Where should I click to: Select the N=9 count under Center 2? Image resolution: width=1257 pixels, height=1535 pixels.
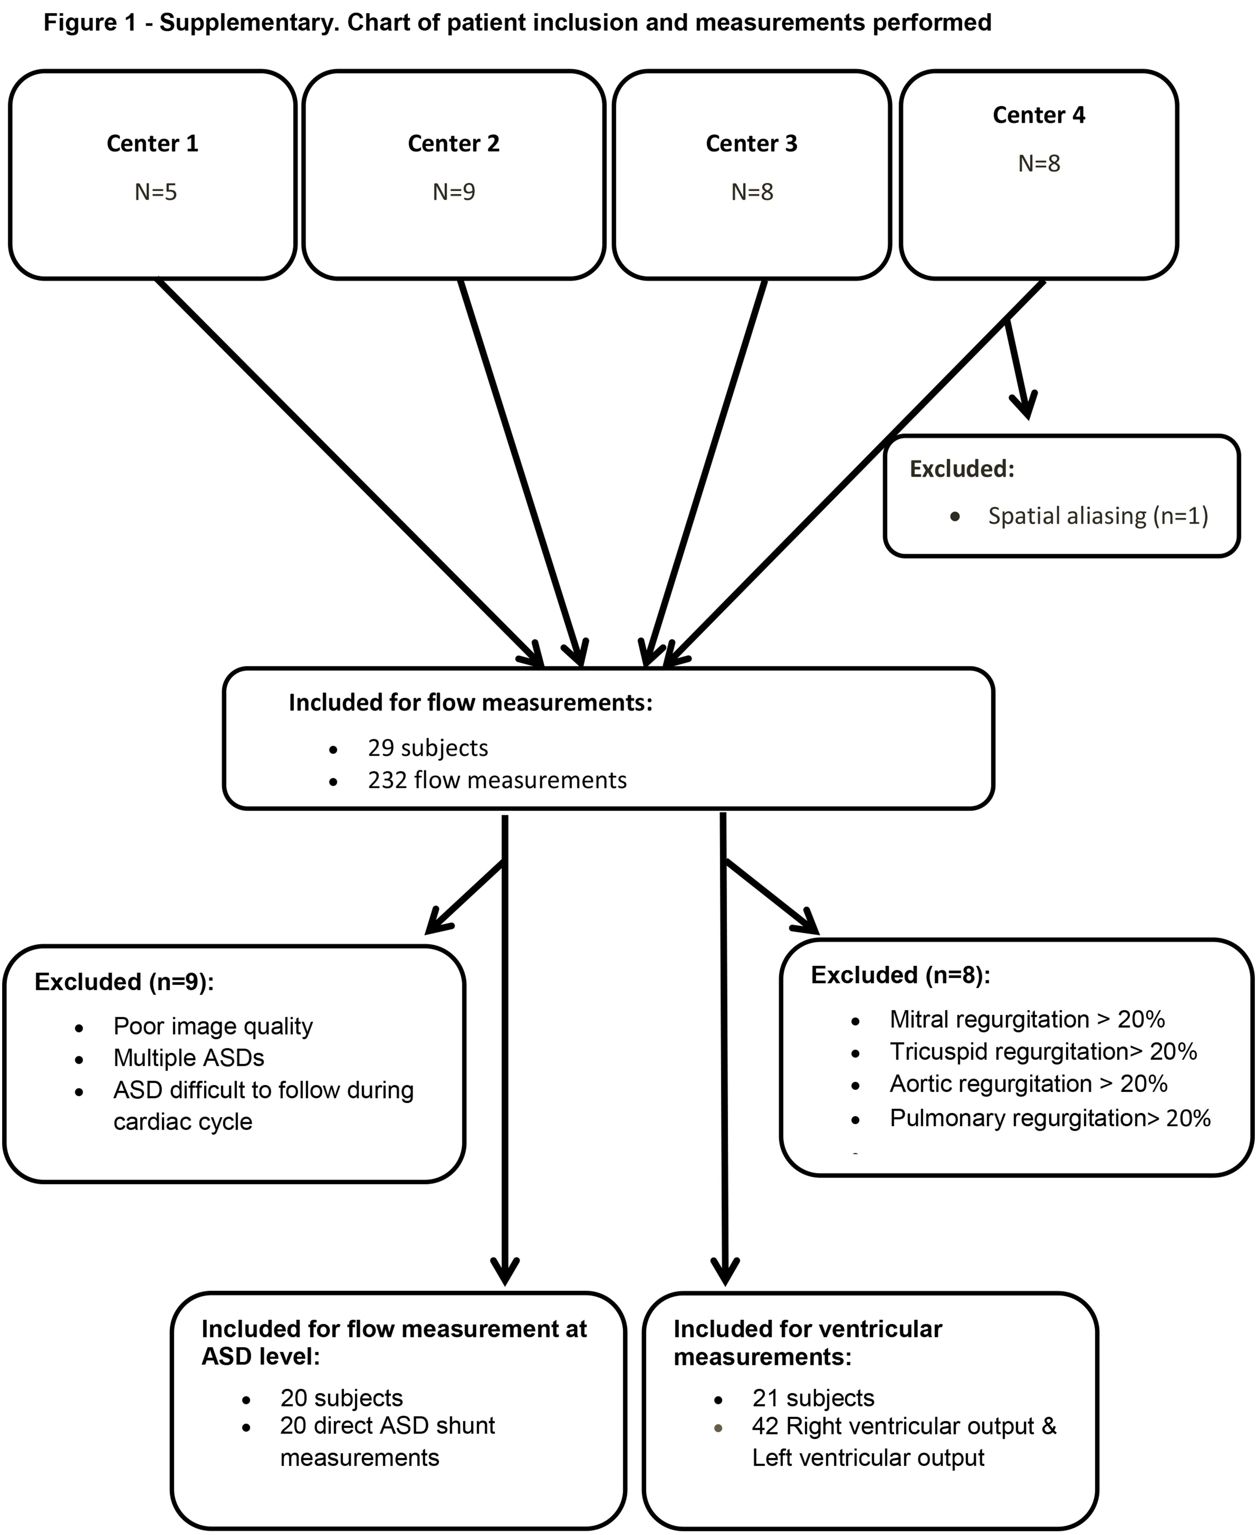(x=454, y=192)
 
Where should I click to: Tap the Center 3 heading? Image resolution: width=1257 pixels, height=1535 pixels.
(x=752, y=143)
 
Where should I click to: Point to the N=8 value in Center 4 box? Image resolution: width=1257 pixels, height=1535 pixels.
(x=1039, y=164)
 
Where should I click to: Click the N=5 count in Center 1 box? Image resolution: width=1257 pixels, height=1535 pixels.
(x=156, y=192)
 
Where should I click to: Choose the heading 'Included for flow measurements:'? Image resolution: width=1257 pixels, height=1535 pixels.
(x=471, y=702)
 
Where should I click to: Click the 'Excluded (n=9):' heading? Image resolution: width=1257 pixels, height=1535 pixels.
(x=124, y=982)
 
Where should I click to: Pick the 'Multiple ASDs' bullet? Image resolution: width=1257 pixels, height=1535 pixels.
(x=189, y=1058)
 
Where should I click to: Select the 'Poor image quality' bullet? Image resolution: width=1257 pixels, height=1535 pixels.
(x=213, y=1026)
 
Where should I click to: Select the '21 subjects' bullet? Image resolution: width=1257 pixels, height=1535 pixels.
(x=813, y=1397)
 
